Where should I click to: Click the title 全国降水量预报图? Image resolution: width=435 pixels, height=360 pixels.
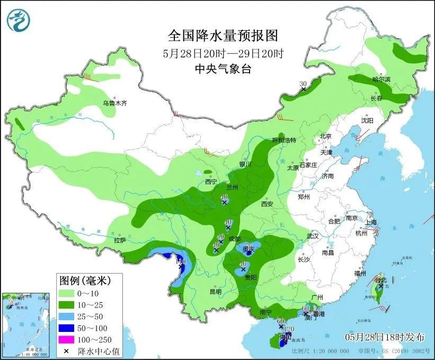tap(223, 36)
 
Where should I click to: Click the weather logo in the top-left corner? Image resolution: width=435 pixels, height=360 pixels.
tap(19, 19)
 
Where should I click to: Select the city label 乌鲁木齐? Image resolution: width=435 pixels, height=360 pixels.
tap(115, 103)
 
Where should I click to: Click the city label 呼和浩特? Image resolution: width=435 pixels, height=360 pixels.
tap(283, 140)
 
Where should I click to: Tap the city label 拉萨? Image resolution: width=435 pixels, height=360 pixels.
tap(120, 240)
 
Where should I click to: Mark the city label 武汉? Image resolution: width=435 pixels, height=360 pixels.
tap(313, 235)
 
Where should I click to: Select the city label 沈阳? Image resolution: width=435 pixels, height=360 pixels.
tap(367, 120)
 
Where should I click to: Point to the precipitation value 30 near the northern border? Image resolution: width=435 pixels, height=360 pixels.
tap(303, 84)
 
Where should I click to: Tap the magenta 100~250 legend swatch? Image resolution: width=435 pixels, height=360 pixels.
tap(67, 339)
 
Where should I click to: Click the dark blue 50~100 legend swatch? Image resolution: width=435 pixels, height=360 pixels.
tap(67, 328)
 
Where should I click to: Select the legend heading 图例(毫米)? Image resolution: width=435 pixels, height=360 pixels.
tap(88, 279)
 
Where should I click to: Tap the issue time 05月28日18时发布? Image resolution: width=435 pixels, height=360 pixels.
tap(385, 337)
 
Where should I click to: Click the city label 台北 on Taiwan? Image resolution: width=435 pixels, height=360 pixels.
tap(381, 279)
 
